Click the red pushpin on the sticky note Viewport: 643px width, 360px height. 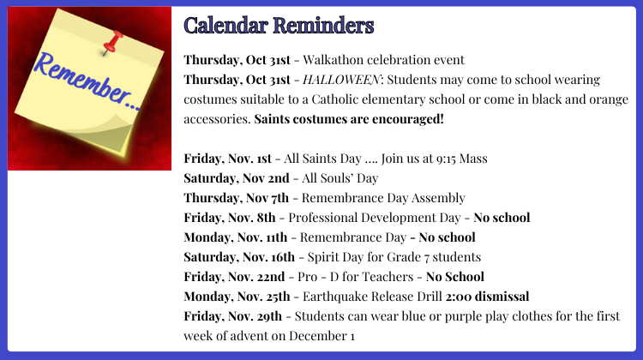pos(113,43)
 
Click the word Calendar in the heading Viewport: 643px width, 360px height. pos(225,26)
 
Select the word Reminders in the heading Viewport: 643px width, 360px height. pos(323,26)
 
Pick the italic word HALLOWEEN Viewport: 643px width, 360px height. pos(341,80)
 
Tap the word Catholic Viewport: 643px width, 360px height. pos(338,99)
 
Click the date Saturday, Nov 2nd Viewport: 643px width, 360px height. pos(237,178)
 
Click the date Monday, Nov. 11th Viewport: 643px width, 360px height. pos(236,237)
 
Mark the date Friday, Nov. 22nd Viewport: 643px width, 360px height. pos(234,277)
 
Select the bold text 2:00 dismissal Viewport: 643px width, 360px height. pos(487,297)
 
